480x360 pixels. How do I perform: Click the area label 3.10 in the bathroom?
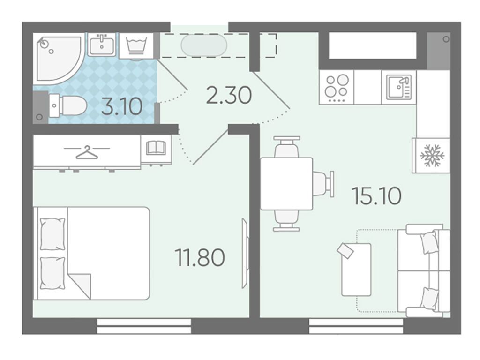[122, 106]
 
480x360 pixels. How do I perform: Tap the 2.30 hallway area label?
[229, 95]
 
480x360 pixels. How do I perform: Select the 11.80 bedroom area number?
[200, 257]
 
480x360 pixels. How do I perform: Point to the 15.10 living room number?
[376, 196]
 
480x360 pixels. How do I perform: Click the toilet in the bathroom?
[68, 105]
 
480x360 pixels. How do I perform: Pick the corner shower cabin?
[59, 59]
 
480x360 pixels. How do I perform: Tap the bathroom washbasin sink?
[102, 45]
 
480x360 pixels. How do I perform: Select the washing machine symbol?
[136, 46]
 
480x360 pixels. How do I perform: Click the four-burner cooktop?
[337, 88]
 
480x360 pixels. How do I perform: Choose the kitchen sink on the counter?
[398, 88]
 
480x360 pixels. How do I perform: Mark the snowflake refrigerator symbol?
[432, 156]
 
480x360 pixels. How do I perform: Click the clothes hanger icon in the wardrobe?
[87, 152]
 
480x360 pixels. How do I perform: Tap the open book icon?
[156, 148]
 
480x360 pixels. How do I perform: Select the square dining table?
[286, 184]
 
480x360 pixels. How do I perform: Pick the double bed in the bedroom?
[91, 253]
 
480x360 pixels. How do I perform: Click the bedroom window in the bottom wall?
[144, 326]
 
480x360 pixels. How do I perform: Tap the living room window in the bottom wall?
[356, 326]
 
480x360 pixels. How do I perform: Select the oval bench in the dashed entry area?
[204, 45]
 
